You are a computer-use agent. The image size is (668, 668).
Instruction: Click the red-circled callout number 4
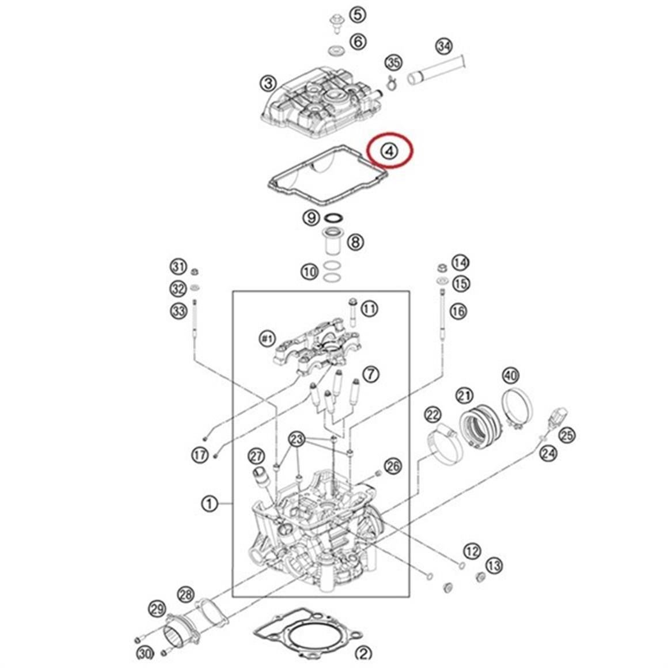point(390,151)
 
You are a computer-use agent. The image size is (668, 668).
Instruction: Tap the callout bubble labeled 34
point(443,46)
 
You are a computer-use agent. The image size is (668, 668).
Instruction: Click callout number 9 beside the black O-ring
point(311,218)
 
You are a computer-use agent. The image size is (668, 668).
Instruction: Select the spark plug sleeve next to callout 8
point(332,242)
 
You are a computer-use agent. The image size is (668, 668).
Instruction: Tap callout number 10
point(310,271)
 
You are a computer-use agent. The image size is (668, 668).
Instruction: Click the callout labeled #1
point(267,339)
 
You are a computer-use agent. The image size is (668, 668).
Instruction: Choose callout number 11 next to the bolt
point(369,309)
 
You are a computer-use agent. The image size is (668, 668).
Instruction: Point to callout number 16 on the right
point(458,312)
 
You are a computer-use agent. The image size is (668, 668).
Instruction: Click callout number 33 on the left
point(179,312)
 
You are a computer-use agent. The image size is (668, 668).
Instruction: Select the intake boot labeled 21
point(479,428)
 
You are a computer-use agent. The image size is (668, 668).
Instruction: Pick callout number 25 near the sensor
point(567,435)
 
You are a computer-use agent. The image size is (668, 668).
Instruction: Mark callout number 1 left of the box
point(210,504)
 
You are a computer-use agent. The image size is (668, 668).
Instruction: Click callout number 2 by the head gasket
point(363,653)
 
